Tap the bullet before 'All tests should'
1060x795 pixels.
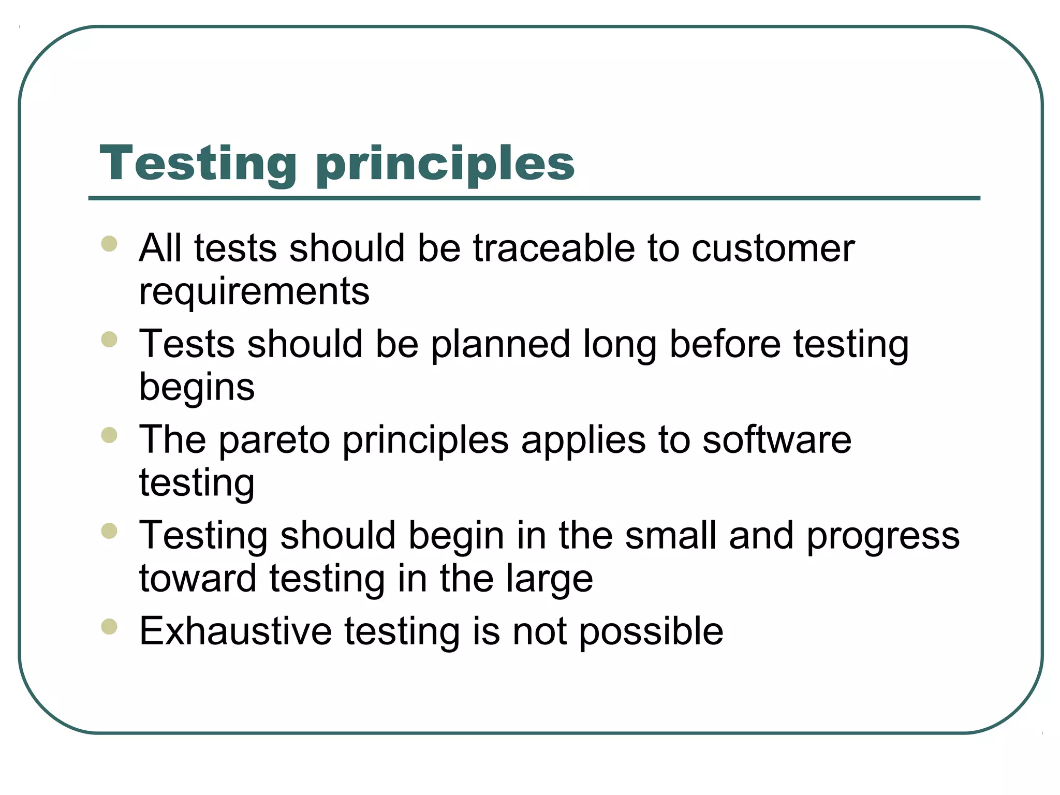pos(109,243)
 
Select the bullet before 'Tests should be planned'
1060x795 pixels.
pos(109,340)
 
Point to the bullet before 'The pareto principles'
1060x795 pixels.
pos(109,435)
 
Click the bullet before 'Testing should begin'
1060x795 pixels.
pos(109,531)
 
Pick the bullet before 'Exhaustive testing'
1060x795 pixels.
pos(109,627)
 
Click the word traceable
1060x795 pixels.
pos(553,248)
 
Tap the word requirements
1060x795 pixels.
pos(254,291)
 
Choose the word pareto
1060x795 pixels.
pos(274,440)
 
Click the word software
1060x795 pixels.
pos(776,440)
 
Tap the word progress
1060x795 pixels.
pos(883,536)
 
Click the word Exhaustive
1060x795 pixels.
pos(235,631)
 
